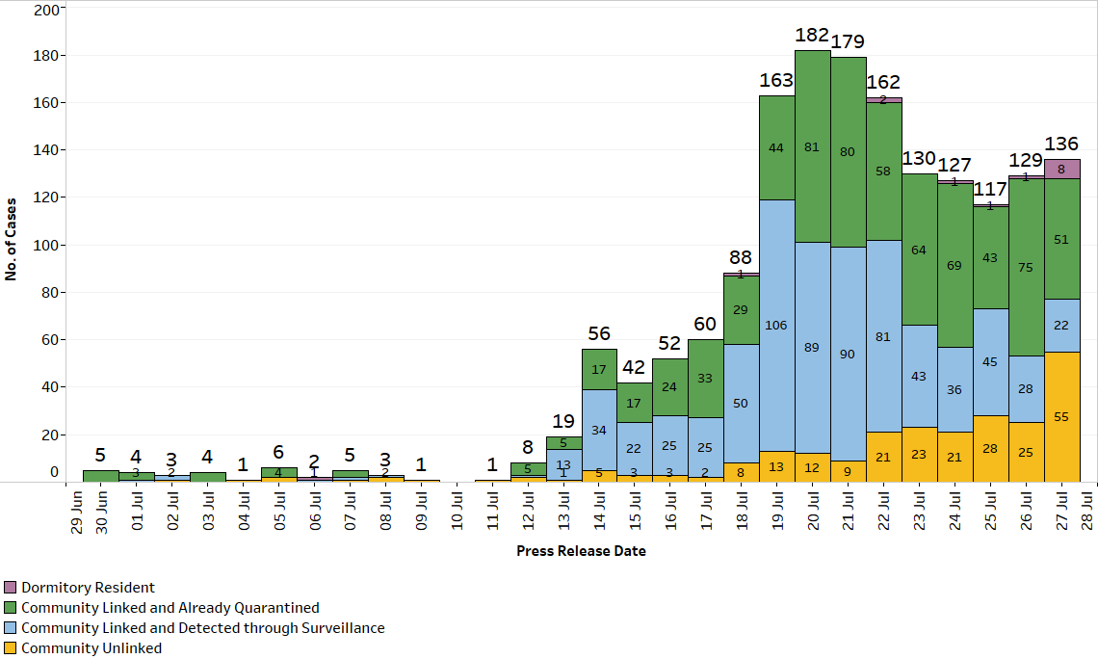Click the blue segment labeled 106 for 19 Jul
tap(776, 325)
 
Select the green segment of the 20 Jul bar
tap(812, 146)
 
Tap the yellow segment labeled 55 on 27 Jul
tap(1061, 416)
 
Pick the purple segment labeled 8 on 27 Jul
tap(1061, 169)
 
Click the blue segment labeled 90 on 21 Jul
tap(848, 354)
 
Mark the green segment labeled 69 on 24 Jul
tap(954, 265)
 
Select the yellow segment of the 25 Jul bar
tap(990, 449)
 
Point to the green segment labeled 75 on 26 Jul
tap(1026, 267)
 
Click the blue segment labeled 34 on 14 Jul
tap(598, 430)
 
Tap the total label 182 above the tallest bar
tap(812, 36)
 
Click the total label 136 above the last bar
tap(1061, 145)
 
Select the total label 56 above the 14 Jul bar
tap(598, 333)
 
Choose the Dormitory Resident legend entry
tap(88, 588)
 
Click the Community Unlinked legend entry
tap(91, 648)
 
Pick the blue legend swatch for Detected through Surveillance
tap(11, 628)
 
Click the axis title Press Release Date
tap(581, 551)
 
